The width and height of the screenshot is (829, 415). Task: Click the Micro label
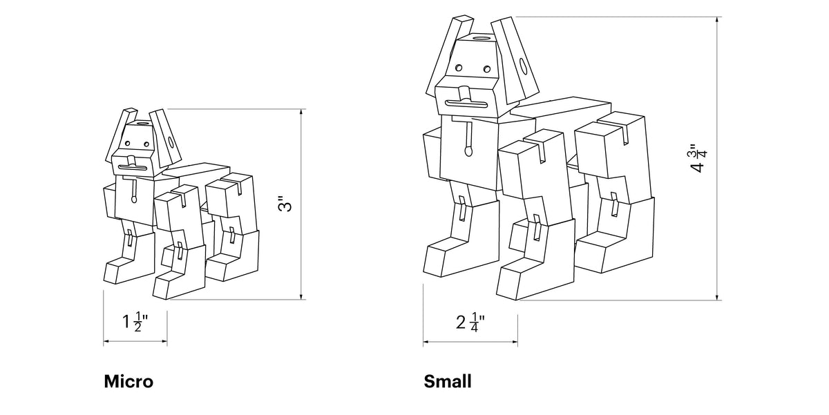(x=128, y=382)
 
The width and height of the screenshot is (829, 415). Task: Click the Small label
(x=448, y=382)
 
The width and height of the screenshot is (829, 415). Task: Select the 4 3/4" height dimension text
(x=698, y=158)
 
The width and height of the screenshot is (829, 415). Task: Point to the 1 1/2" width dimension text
(x=135, y=321)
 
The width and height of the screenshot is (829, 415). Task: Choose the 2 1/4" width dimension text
(x=470, y=322)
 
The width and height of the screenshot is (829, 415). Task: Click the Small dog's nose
(x=464, y=94)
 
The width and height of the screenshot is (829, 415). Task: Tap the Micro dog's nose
(x=131, y=161)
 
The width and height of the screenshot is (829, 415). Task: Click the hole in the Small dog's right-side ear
(x=524, y=66)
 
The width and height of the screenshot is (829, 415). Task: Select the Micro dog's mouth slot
(x=132, y=168)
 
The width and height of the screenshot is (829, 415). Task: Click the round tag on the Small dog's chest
(x=468, y=151)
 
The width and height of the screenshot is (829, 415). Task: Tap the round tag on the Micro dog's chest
(x=133, y=200)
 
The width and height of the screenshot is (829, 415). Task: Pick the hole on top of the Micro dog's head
(x=142, y=123)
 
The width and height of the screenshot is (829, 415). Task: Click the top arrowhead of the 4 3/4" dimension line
(x=717, y=20)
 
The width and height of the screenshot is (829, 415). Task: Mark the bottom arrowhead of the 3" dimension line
(x=302, y=296)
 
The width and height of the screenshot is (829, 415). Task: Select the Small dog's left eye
(x=459, y=68)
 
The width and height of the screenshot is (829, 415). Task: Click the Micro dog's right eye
(x=146, y=144)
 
